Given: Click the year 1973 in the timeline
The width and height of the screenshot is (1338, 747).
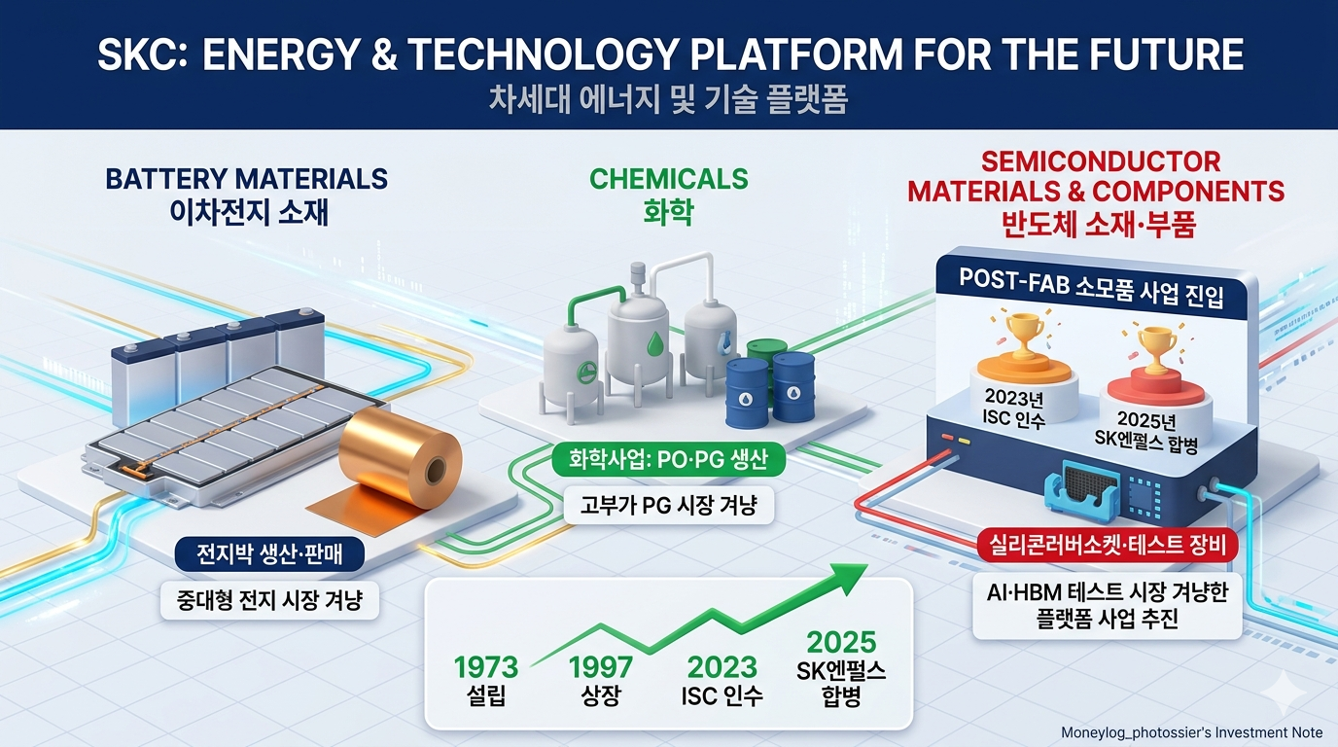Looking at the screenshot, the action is click(485, 667).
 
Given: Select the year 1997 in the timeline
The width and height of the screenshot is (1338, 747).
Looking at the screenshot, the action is click(600, 667).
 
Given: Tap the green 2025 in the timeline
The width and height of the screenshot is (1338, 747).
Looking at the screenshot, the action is click(841, 642).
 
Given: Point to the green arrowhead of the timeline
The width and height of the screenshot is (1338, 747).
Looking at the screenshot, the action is click(845, 577).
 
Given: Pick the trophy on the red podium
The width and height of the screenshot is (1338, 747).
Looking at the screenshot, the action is click(1156, 348).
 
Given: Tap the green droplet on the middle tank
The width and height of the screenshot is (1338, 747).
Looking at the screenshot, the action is click(655, 342).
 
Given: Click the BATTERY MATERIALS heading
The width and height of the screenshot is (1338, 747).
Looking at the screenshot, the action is click(247, 179).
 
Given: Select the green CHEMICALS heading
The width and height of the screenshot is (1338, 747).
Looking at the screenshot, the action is click(668, 179).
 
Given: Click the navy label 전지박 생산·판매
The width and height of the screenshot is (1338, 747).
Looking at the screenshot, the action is click(269, 554).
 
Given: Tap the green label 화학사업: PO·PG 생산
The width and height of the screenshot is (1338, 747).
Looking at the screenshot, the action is click(668, 460).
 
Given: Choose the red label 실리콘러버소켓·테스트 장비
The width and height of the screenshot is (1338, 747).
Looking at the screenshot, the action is click(1108, 546).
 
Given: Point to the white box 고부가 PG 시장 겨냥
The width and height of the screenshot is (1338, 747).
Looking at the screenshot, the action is click(668, 506).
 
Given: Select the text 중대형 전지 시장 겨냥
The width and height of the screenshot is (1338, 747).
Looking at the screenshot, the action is click(269, 600).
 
